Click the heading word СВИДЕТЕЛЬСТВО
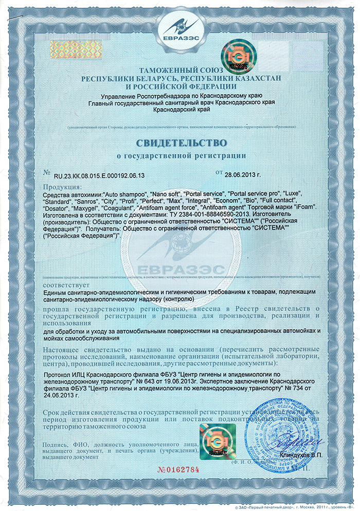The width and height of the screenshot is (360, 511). tap(179, 140)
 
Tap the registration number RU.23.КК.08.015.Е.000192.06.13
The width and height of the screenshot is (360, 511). tap(98, 175)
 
